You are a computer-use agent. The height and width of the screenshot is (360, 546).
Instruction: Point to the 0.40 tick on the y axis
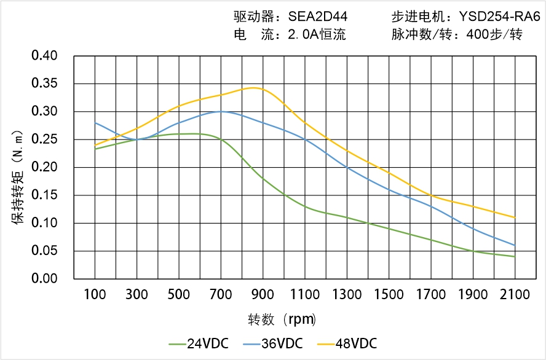[44, 56]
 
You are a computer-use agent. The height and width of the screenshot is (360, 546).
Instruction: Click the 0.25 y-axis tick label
[44, 139]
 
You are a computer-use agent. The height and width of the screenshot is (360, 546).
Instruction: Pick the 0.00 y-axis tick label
[44, 279]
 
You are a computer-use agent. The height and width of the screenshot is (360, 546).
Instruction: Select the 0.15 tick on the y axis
[44, 195]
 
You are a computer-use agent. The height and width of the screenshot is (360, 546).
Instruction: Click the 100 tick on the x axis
[95, 295]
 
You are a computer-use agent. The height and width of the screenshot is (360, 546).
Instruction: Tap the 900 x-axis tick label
[263, 295]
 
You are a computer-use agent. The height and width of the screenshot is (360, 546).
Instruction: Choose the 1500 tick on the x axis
[389, 295]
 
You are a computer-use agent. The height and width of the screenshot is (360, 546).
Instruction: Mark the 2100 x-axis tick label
[515, 295]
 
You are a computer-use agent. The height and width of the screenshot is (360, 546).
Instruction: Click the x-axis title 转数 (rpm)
[282, 319]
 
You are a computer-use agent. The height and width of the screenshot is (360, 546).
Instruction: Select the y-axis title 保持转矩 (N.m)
[19, 178]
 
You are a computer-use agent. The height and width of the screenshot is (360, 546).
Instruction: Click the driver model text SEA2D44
[317, 17]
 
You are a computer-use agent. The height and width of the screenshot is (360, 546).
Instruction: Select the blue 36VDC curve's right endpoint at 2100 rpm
[515, 245]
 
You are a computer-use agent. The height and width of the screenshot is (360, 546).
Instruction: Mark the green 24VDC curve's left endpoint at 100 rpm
[95, 149]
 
